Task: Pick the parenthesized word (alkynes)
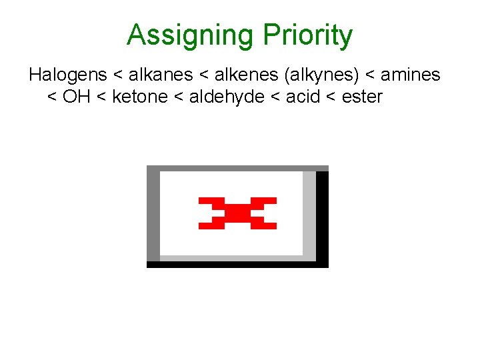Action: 321,75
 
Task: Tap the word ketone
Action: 140,97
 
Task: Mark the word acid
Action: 301,97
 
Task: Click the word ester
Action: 362,97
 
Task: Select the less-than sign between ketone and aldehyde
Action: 179,97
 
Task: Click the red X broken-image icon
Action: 237,213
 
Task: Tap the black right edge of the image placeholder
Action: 322,217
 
